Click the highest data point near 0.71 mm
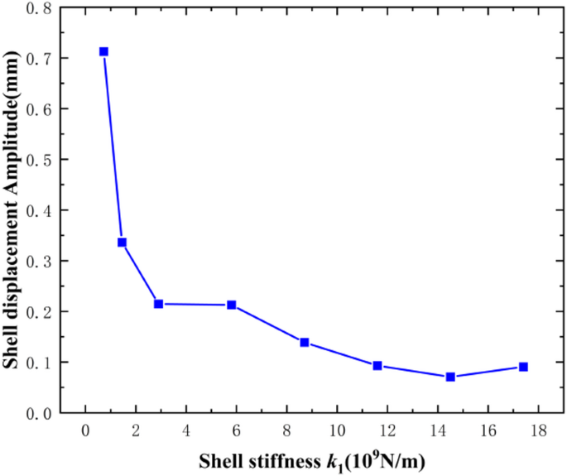pos(103,51)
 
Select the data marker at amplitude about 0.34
pos(122,243)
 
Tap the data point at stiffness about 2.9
pos(158,304)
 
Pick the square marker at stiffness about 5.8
pos(232,305)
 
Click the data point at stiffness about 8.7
pos(305,342)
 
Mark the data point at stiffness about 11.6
pos(377,365)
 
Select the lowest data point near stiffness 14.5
pos(450,377)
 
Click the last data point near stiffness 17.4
pos(523,367)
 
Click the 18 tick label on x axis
pos(538,431)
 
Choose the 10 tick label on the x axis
pos(337,431)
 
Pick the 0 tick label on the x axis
pos(85,431)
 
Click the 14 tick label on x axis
pos(438,431)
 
